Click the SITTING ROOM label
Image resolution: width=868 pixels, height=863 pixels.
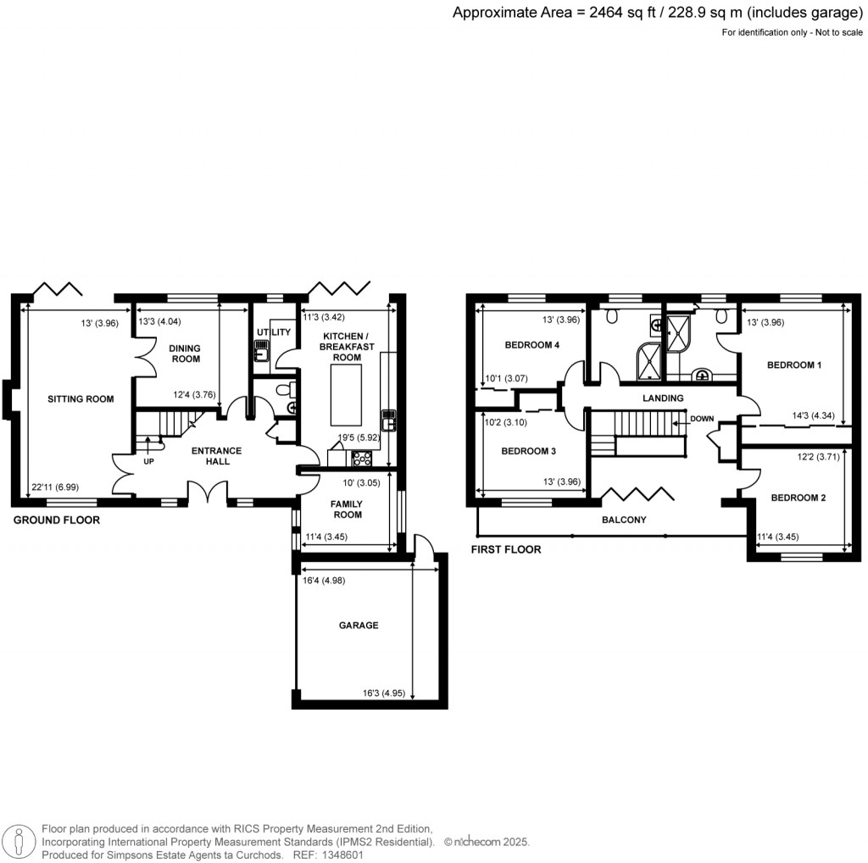click(81, 398)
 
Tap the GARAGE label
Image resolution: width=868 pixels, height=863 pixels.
click(359, 625)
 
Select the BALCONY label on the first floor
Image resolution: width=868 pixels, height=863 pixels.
click(624, 519)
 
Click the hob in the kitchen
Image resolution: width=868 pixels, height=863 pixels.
click(362, 458)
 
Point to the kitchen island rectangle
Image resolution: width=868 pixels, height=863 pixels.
click(346, 395)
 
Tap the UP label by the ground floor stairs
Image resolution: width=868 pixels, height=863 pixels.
click(148, 461)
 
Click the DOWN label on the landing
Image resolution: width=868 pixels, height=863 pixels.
click(702, 419)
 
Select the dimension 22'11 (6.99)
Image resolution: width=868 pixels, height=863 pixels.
click(55, 487)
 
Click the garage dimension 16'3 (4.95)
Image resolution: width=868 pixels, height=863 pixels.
click(384, 693)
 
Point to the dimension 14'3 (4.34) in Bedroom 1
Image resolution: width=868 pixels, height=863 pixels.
click(813, 415)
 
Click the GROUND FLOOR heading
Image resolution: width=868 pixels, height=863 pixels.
click(57, 520)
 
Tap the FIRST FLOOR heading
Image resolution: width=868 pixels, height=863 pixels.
click(506, 549)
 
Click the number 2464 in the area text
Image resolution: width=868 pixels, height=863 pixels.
click(605, 12)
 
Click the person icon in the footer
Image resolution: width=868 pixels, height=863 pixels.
click(19, 841)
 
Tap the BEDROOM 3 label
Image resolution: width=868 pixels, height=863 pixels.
click(529, 451)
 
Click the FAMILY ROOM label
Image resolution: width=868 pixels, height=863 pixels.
click(347, 509)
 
